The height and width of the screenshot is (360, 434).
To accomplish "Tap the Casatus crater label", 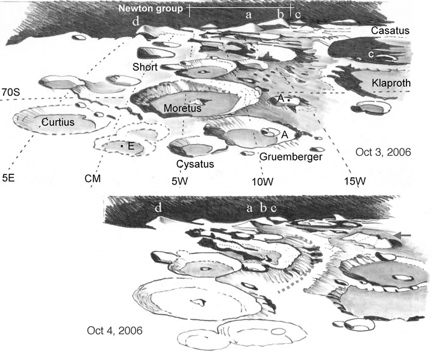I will coord(390,30).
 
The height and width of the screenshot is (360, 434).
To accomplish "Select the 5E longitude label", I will coord(10,178).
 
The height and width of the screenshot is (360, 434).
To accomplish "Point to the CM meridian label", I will coord(92,179).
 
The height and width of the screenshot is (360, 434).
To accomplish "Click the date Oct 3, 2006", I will coord(382,152).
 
